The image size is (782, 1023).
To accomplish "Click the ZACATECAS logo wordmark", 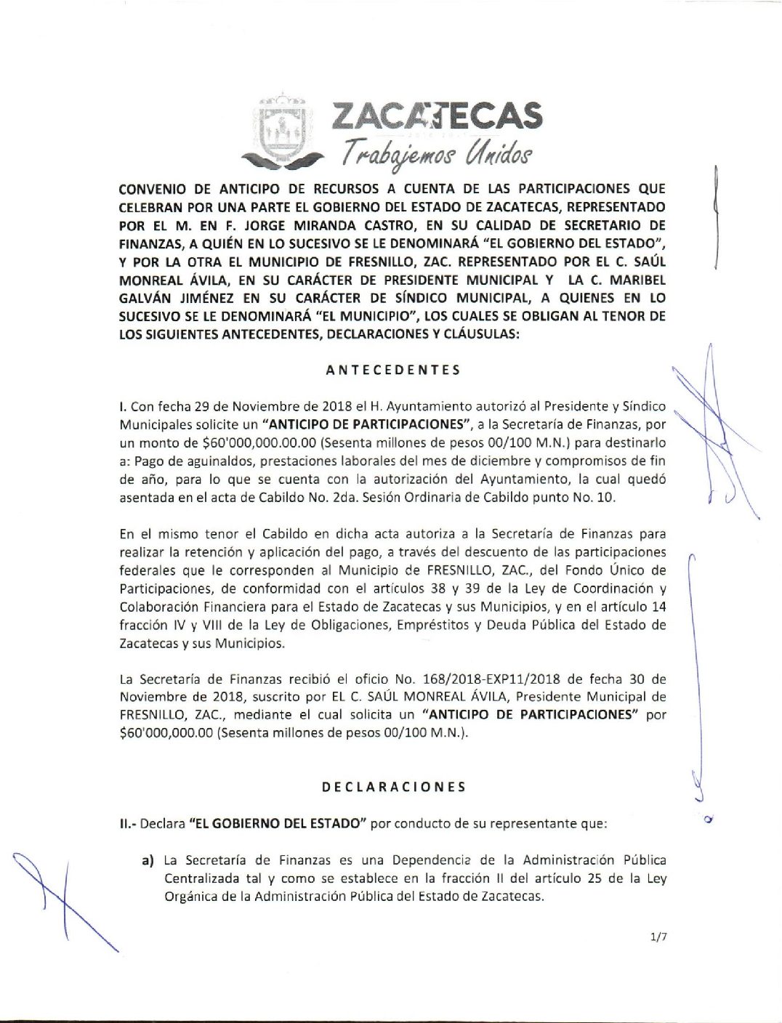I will pos(437,116).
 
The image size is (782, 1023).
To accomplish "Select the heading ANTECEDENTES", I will pos(392,370).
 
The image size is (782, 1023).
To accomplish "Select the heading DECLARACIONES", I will pos(393,787).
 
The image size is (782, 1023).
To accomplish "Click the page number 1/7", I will pos(659,937).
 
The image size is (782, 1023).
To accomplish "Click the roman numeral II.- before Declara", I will pos(127,824).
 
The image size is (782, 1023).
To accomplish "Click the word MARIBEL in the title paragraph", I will pos(637,280).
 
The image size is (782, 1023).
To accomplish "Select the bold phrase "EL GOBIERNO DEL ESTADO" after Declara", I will pos(275,824).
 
